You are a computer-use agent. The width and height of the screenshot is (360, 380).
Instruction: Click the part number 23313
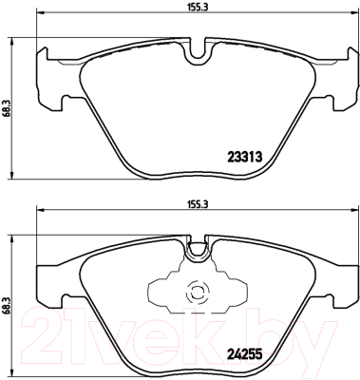pyautogui.click(x=245, y=157)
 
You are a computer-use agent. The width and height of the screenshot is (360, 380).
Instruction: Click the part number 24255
pyautogui.click(x=245, y=353)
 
